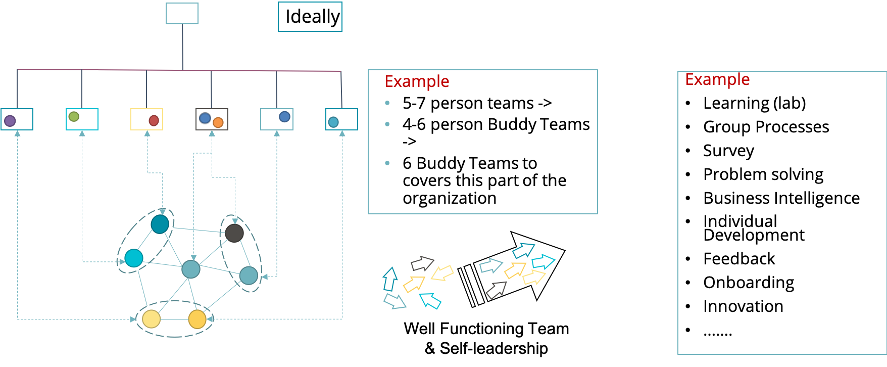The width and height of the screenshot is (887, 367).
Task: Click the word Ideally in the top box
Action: point(312,17)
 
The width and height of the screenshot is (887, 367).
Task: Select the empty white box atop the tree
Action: point(182,14)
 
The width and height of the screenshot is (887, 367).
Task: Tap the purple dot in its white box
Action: point(10,121)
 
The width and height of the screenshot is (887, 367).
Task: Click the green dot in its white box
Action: point(74,117)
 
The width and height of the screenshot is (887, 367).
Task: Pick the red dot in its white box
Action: point(154,120)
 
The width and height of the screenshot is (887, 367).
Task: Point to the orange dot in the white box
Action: point(218,122)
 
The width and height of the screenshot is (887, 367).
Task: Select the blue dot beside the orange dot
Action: point(205,118)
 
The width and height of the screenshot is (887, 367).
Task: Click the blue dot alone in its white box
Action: point(284,117)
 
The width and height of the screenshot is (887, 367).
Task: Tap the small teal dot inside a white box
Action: point(333,122)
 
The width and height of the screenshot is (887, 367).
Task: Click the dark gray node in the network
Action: point(234,233)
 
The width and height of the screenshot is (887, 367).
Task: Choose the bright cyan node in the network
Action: point(134,258)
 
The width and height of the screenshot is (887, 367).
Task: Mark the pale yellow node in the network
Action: point(151,319)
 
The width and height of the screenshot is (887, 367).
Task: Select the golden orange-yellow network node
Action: point(197,319)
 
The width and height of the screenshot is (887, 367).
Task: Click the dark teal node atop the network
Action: point(160,224)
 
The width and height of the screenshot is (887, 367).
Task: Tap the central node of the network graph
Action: point(191,269)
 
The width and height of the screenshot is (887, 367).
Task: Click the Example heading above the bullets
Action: point(417,81)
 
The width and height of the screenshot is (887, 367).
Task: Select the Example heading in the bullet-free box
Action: point(717,79)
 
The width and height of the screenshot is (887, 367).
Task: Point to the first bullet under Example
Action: point(387,103)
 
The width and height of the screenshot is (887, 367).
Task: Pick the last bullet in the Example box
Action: point(387,163)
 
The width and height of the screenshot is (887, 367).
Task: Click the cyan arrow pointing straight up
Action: point(389,279)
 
